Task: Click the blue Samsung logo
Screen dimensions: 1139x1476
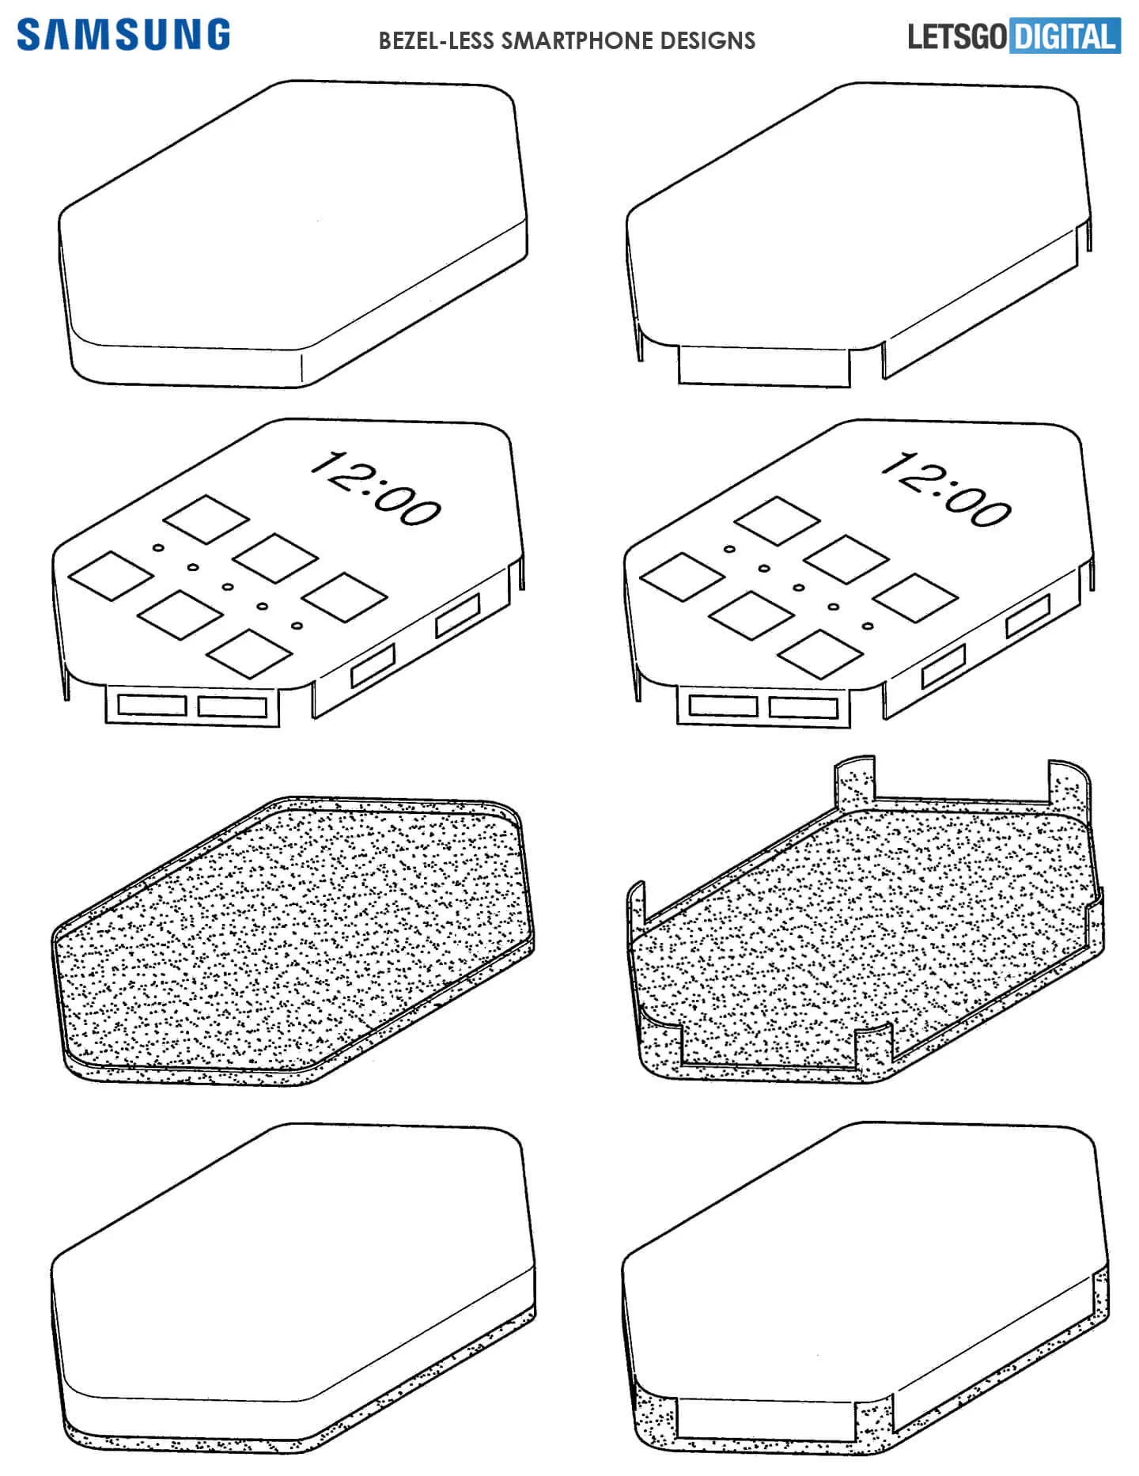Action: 123,36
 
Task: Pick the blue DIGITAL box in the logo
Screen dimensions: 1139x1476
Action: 1065,37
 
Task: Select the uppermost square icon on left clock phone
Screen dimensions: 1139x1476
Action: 206,519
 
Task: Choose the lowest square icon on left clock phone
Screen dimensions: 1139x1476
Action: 251,653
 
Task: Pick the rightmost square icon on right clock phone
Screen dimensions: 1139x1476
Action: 914,598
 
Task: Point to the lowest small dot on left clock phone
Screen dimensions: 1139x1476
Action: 297,626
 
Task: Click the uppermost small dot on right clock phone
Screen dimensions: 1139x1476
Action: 729,548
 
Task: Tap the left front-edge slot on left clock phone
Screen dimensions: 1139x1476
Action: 151,704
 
